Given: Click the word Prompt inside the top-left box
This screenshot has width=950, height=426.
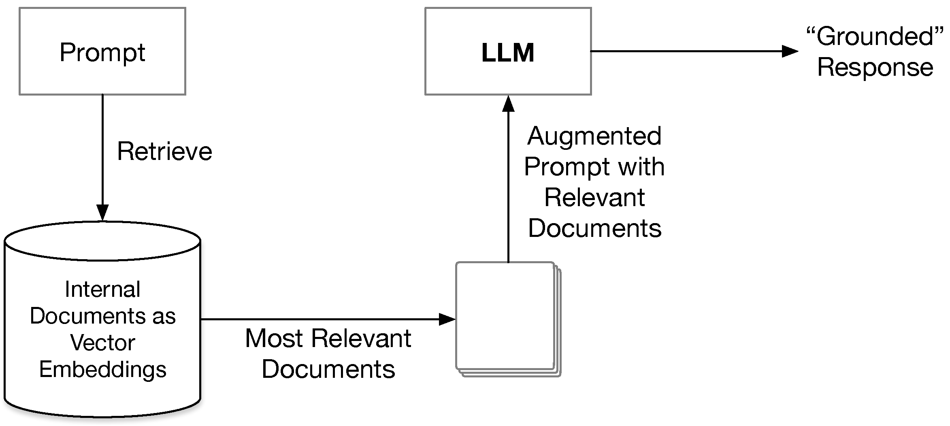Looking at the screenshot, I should click(x=102, y=53).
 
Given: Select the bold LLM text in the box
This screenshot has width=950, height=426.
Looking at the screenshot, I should click(x=508, y=53).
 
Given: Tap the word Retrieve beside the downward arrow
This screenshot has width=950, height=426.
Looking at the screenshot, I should click(x=164, y=151).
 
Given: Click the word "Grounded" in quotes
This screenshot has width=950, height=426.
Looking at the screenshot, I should click(x=875, y=36).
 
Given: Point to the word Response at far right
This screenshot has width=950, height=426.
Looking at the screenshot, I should click(x=875, y=67).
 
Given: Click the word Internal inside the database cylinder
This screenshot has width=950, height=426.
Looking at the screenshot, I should click(x=102, y=290).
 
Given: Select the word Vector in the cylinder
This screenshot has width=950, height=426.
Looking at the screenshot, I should click(x=102, y=343).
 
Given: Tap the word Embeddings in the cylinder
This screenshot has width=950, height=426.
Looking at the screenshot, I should click(x=102, y=369).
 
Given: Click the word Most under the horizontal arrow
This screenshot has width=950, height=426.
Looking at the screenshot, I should click(x=274, y=339).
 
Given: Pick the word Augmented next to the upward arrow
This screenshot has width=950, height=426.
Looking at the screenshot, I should click(x=594, y=136).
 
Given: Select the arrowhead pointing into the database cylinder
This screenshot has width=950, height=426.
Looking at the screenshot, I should click(x=102, y=212).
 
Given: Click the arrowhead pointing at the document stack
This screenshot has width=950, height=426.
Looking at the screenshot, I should click(x=447, y=319).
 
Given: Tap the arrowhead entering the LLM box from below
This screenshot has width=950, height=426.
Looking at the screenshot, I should click(x=508, y=104).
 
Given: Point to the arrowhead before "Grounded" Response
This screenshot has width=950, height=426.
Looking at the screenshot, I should click(x=790, y=51).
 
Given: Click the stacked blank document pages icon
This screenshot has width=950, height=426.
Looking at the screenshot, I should click(x=508, y=319).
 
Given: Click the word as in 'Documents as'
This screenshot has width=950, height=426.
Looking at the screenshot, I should click(x=164, y=316).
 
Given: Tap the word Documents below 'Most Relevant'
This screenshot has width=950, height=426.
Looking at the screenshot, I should click(x=328, y=369).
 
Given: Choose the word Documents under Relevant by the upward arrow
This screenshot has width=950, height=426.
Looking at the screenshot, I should click(x=594, y=228).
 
